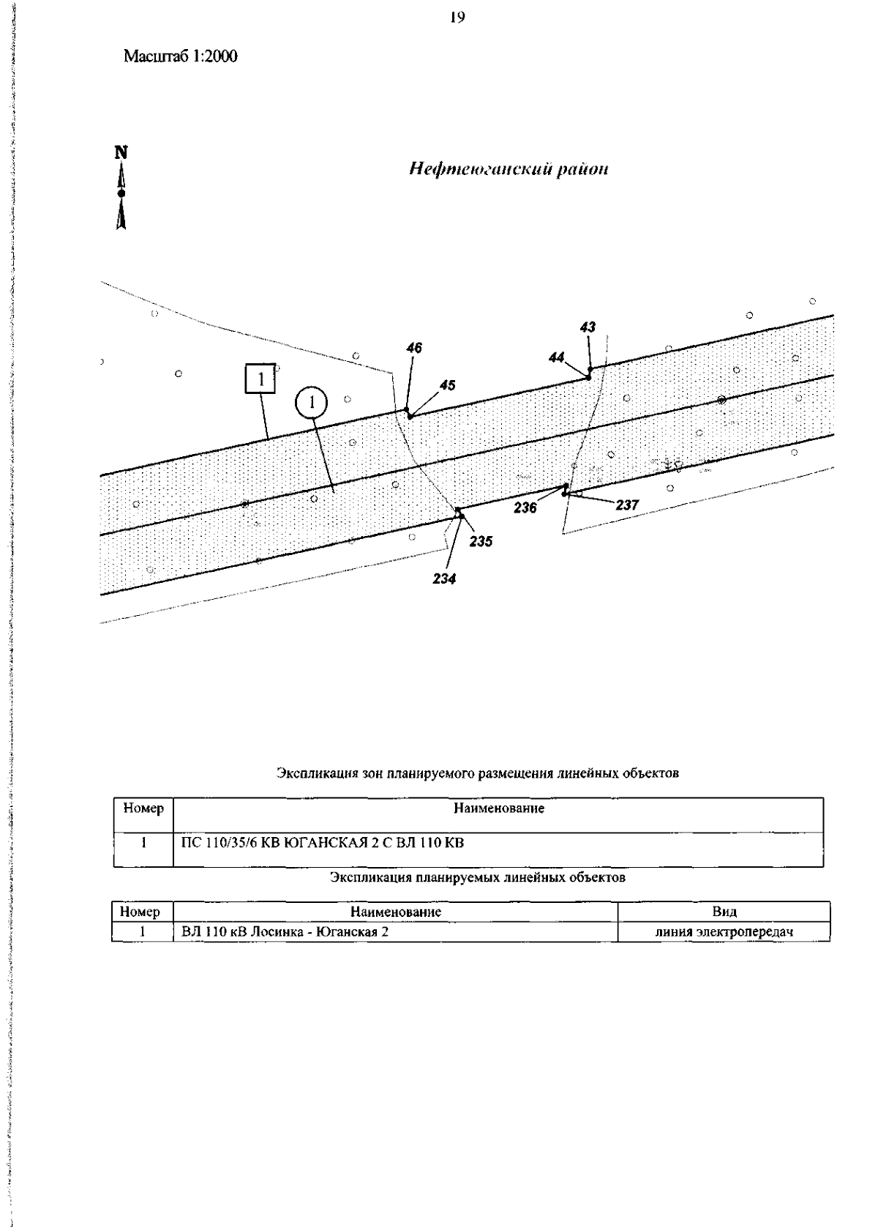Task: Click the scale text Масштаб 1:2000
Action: point(181,56)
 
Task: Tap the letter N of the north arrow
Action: point(121,152)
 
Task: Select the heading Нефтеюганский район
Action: point(509,170)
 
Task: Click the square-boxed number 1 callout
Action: point(260,379)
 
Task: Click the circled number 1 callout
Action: point(312,402)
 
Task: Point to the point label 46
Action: point(414,349)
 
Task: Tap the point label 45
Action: point(447,385)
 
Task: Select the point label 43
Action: point(588,327)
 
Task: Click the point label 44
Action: point(557,357)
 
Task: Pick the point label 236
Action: point(525,507)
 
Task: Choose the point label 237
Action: point(627,505)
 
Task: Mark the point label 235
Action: point(481,541)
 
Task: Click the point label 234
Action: point(444,579)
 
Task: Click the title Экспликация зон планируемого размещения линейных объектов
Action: point(478,773)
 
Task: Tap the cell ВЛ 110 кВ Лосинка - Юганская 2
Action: point(285,932)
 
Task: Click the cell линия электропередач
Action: point(724,932)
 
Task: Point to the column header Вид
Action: point(724,912)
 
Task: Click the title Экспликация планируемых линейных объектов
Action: point(478,877)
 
